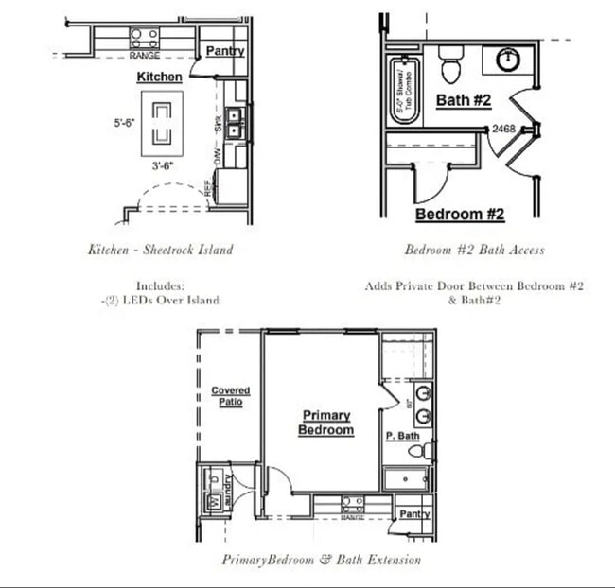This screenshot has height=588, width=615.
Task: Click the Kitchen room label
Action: [160, 76]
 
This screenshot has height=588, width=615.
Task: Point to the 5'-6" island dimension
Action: [124, 122]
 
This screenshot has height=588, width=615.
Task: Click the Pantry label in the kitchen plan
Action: [224, 51]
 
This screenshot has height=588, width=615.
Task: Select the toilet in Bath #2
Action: [449, 63]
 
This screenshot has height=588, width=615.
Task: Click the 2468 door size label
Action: [503, 130]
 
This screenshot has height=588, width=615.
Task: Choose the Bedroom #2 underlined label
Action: [460, 215]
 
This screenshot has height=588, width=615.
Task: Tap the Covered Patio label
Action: [230, 396]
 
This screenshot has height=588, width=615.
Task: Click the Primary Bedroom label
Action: [326, 423]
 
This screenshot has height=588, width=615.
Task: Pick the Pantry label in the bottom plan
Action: [413, 514]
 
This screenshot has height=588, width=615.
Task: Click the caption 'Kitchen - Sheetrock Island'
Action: [160, 251]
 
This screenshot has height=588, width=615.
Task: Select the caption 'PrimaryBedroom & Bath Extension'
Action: [322, 560]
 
